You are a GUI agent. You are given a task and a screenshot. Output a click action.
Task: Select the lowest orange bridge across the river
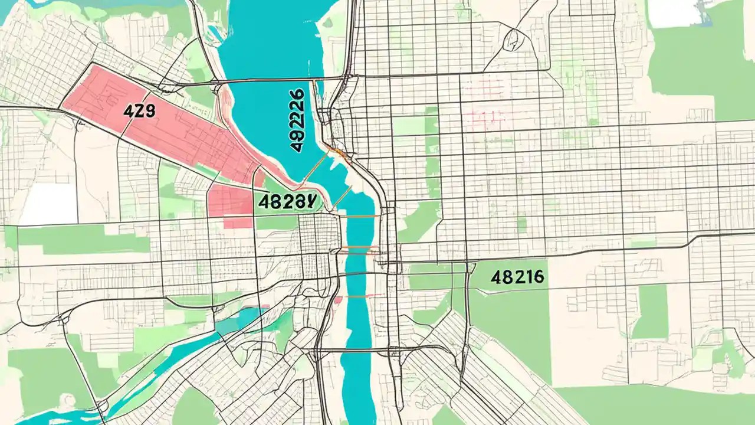click(x=357, y=296)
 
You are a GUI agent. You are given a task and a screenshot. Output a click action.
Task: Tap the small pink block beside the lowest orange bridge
click(x=338, y=300)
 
